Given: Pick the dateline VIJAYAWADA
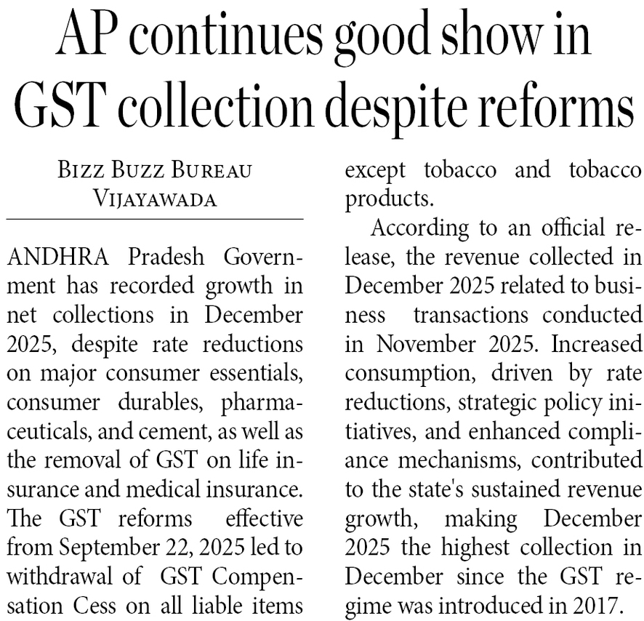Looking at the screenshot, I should point(155,199).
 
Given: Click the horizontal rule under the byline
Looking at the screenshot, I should point(155,219).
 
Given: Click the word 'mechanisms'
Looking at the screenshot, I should point(453,461).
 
